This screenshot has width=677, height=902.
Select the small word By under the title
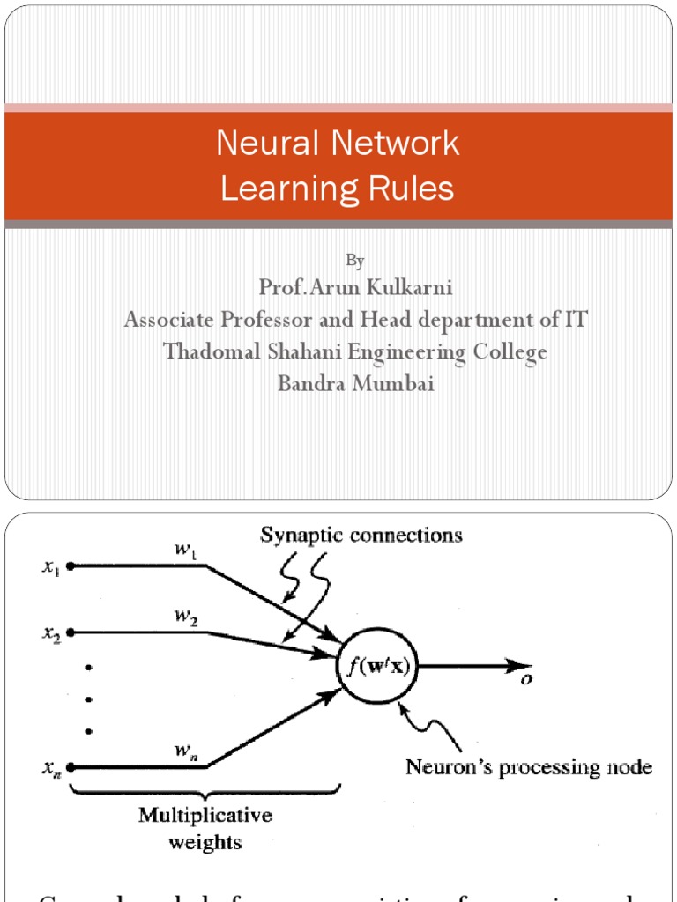pyautogui.click(x=355, y=260)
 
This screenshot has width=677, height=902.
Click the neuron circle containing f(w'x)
pyautogui.click(x=378, y=665)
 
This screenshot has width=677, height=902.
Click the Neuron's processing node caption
pyautogui.click(x=528, y=768)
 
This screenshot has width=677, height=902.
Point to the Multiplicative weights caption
pyautogui.click(x=205, y=828)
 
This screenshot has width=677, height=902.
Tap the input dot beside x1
pyautogui.click(x=71, y=566)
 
